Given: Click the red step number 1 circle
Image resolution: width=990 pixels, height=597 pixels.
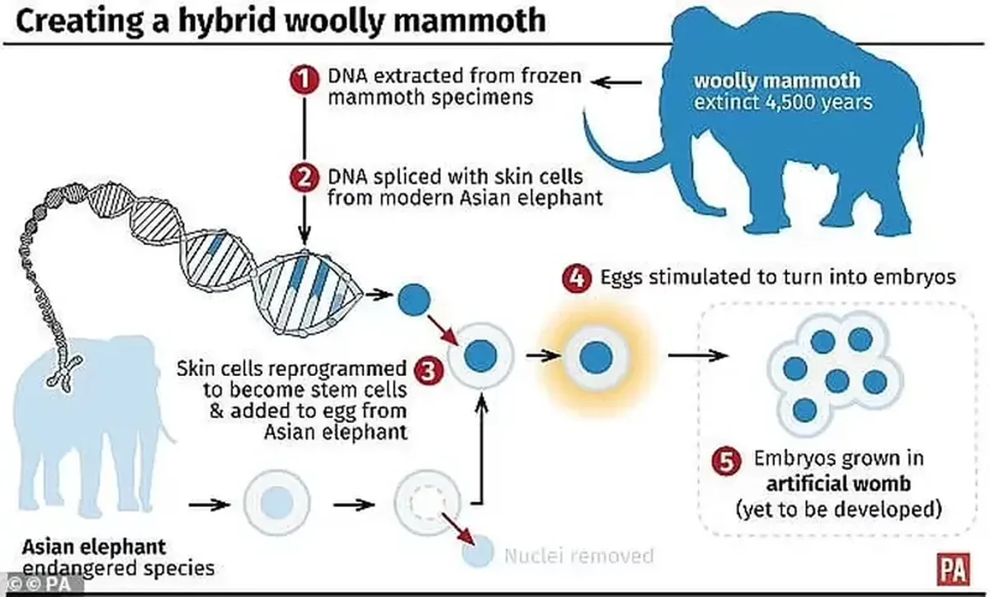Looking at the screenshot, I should coord(304,80).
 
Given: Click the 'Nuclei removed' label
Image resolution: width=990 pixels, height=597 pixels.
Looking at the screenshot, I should coord(577,556).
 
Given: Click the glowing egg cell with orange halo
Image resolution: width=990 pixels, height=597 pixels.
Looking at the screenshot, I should coord(594,356).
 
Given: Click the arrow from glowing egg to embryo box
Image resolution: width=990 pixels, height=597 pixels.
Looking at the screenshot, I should coord(697,356).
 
